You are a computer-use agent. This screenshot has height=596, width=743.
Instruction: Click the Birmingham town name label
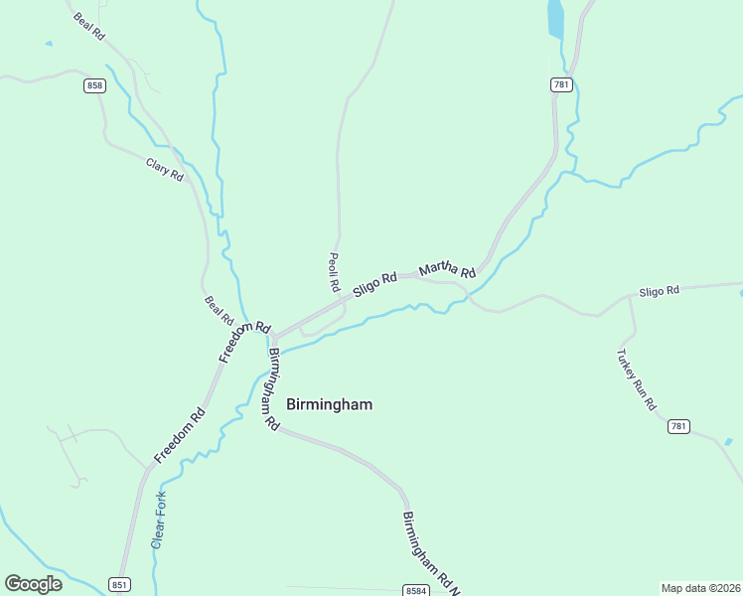click(x=329, y=404)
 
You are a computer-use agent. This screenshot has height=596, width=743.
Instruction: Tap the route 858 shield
click(x=94, y=85)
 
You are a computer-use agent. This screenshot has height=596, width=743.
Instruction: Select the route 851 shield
click(x=118, y=584)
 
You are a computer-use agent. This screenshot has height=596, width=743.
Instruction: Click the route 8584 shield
click(x=417, y=590)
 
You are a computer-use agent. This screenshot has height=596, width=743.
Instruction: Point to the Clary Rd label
click(x=165, y=169)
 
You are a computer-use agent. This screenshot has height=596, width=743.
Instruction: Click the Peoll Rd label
click(x=334, y=271)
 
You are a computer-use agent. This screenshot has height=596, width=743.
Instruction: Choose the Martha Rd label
click(x=447, y=269)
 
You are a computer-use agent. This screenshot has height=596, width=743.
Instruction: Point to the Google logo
click(x=33, y=584)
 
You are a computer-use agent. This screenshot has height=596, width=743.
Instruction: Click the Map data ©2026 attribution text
click(x=700, y=588)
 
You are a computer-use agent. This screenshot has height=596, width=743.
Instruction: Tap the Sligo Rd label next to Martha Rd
click(x=374, y=283)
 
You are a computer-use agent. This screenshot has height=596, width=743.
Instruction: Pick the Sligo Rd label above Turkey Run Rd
click(x=659, y=291)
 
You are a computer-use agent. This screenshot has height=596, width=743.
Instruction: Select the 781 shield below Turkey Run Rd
click(x=678, y=426)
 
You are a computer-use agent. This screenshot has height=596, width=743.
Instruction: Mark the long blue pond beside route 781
click(x=555, y=18)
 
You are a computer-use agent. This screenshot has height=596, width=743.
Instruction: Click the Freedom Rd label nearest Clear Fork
click(x=180, y=436)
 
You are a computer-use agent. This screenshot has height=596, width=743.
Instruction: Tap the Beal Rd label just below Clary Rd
click(x=219, y=311)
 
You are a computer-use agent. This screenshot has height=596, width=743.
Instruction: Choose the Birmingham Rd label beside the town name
click(x=270, y=387)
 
